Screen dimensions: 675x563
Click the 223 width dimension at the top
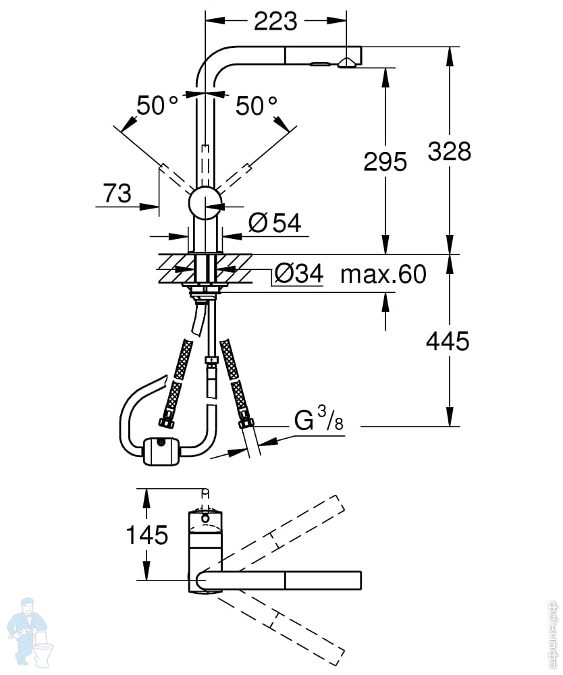pyautogui.click(x=275, y=22)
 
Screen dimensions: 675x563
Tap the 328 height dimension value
pyautogui.click(x=450, y=151)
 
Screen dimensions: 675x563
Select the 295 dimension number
pyautogui.click(x=385, y=162)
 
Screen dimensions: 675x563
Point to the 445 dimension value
pyautogui.click(x=448, y=342)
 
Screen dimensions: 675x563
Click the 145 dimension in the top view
pyautogui.click(x=147, y=535)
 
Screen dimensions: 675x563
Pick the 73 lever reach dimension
pyautogui.click(x=117, y=194)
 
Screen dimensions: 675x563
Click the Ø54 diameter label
pyautogui.click(x=274, y=223)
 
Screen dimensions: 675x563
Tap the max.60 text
pyautogui.click(x=383, y=275)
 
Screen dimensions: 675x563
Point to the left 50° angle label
pyautogui.click(x=157, y=105)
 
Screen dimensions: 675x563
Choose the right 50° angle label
pyautogui.click(x=257, y=105)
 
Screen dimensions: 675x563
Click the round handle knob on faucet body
pyautogui.click(x=205, y=202)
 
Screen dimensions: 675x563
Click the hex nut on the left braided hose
pyautogui.click(x=164, y=424)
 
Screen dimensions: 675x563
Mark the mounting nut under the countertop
pyautogui.click(x=203, y=292)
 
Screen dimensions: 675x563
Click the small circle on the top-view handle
pyautogui.click(x=205, y=518)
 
